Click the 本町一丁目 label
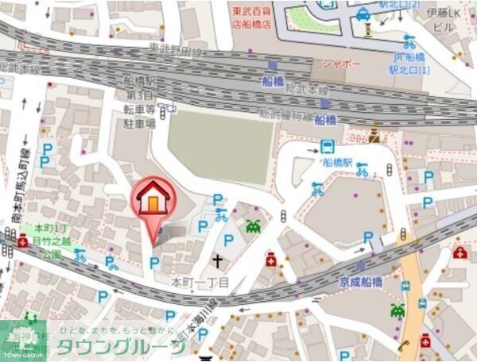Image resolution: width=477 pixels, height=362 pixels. [x=200, y=282]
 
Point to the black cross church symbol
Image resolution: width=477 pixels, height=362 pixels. [x=217, y=260]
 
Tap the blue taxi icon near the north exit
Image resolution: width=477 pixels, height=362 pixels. [x=363, y=13]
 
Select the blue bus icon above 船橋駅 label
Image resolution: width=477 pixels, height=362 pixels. [x=327, y=146]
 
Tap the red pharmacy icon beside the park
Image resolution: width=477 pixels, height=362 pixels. [x=22, y=241]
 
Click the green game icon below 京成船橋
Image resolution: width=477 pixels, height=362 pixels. [x=397, y=310]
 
